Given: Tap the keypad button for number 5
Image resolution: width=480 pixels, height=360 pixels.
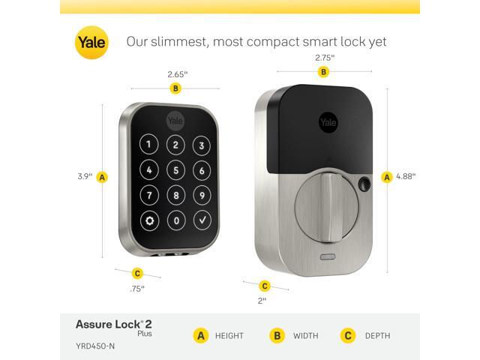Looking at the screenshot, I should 175,170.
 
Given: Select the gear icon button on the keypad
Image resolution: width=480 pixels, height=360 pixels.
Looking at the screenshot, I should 150,221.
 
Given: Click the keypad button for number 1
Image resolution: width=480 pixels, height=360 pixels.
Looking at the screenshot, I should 149,145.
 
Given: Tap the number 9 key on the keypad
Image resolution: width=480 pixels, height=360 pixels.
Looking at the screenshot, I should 201,196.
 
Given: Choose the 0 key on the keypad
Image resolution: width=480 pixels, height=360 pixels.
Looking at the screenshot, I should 175,221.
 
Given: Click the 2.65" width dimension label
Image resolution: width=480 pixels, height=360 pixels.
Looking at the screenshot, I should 177,74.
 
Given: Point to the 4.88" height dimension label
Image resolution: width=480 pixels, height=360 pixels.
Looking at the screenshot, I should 406,176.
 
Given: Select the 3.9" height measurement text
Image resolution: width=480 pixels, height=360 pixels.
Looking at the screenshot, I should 85,177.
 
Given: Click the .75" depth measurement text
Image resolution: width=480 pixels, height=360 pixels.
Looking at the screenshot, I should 136,288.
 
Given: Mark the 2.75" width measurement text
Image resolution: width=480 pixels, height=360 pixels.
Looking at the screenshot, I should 324,57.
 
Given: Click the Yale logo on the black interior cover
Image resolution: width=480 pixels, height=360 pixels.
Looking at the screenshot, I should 328,122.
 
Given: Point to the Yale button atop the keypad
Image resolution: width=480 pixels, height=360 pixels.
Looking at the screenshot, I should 175,120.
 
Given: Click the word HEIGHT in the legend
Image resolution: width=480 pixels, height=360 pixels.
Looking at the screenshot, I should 229,335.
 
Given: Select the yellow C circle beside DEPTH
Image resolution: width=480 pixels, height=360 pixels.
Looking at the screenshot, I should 347,335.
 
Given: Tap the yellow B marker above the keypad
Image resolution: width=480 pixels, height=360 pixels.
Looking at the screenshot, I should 175,88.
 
